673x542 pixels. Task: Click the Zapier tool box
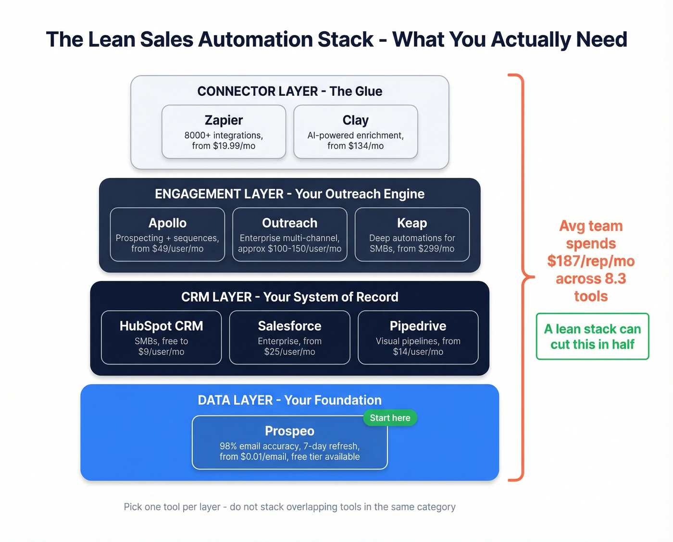224,132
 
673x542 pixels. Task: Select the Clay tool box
355,132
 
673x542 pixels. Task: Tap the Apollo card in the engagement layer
167,235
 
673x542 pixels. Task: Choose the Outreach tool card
289,235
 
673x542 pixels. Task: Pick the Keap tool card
412,235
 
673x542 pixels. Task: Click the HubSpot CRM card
161,338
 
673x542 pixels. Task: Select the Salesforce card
289,338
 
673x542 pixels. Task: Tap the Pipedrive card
418,338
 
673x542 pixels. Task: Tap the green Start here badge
390,418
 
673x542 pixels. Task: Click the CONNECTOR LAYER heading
289,91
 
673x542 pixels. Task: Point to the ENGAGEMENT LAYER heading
289,194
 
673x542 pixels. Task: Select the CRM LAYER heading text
289,297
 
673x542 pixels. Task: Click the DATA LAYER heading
289,400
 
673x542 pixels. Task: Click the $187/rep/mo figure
591,261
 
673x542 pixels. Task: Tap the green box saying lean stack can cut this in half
592,337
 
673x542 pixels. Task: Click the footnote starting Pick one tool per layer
289,507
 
